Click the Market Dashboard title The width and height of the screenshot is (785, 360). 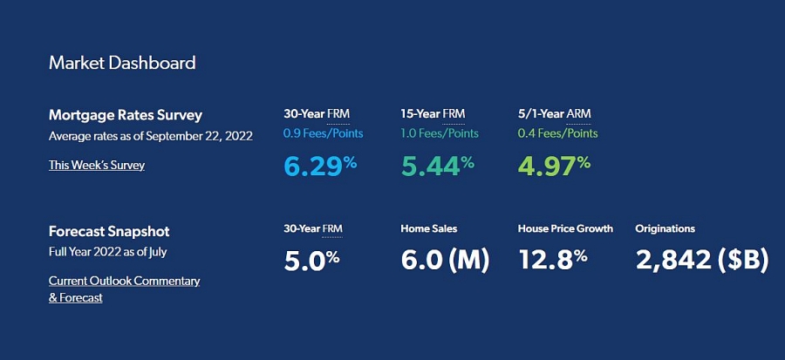point(122,63)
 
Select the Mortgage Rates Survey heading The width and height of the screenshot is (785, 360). point(126,116)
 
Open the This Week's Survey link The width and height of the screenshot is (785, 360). point(97,165)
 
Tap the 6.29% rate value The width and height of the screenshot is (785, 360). point(320,165)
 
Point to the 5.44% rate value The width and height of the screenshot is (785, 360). point(438,165)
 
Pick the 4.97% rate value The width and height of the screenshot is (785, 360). point(554,165)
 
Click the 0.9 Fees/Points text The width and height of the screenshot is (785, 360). point(324,133)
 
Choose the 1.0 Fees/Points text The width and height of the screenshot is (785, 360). point(440,133)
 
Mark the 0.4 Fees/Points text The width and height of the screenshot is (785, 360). point(557,133)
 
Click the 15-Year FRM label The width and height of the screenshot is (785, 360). point(433,113)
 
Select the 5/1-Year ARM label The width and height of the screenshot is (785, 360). point(554,113)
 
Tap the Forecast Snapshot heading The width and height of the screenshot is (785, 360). point(109,232)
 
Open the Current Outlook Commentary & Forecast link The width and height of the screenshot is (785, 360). point(124,289)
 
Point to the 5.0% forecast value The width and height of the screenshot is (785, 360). point(312,261)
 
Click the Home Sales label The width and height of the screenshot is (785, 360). point(429,229)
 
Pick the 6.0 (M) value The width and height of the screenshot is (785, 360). point(445,261)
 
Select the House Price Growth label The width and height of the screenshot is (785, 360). point(565,229)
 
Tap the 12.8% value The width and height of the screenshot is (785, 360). point(553,261)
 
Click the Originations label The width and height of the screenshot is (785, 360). point(666,229)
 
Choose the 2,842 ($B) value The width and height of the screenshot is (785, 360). point(702,261)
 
